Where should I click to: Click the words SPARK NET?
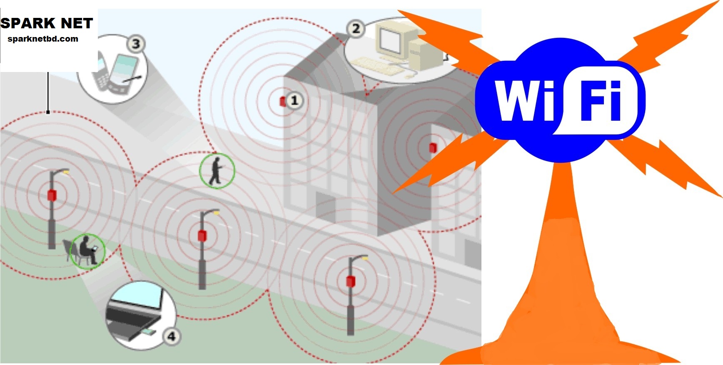pos(46,23)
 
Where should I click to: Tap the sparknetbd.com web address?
pos(43,39)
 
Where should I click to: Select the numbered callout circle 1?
pos(294,100)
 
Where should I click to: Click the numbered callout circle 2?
pos(356,29)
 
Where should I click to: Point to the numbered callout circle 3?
pos(136,44)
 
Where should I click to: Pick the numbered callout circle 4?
pos(172,336)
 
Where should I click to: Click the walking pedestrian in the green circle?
pos(216,171)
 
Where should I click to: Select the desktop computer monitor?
pos(390,41)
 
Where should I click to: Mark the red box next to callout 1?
pos(283,101)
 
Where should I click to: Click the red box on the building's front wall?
pos(433,147)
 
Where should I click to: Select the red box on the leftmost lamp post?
pos(52,195)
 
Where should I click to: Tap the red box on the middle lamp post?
pos(202,236)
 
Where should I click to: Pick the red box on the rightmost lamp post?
pos(351,281)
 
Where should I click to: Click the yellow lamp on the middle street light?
pos(216,213)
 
